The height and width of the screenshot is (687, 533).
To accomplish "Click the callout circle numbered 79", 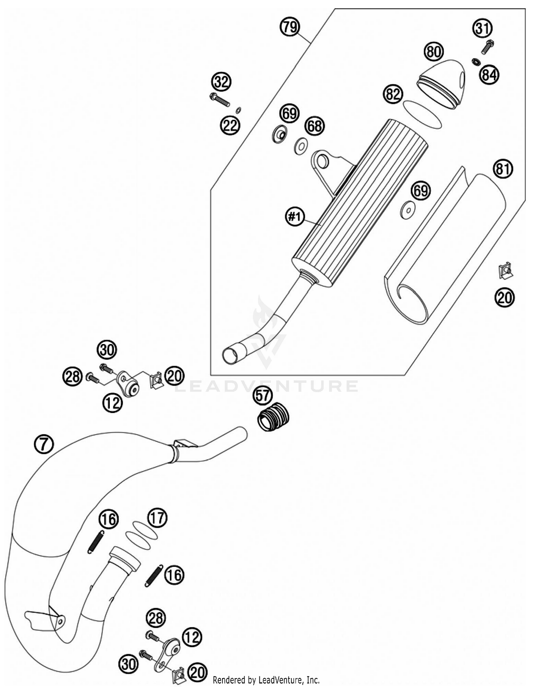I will point(290,27).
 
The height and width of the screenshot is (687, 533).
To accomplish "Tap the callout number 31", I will point(482,28).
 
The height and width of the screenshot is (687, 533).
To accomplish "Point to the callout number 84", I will point(489,75).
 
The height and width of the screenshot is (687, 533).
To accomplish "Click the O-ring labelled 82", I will point(422,114).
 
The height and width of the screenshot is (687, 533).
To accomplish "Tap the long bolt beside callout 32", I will point(220,100).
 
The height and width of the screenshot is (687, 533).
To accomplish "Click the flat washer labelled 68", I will point(301,146).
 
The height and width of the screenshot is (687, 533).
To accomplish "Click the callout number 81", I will point(503,169).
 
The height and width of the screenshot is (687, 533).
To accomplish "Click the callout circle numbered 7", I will point(44,444).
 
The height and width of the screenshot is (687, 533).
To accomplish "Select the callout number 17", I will point(157,518).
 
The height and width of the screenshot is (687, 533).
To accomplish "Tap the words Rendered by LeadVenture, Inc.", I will point(266,680).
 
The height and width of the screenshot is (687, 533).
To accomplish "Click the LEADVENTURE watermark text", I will point(266,386).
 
